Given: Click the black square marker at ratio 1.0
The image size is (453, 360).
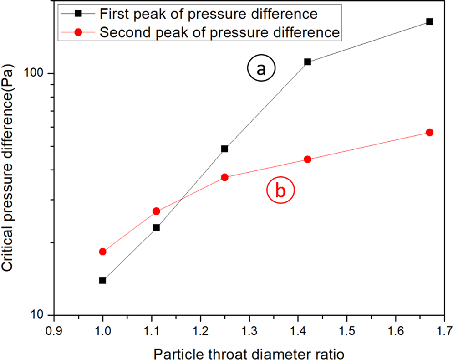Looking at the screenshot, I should pos(102,280).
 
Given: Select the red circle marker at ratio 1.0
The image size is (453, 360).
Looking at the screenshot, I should pos(102,252).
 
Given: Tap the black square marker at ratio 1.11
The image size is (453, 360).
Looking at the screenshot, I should pos(156,227).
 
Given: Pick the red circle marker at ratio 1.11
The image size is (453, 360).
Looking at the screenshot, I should pos(156,211).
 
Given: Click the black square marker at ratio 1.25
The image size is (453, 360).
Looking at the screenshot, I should pos(224,149).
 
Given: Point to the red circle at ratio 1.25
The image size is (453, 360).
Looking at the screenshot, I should pos(224,177).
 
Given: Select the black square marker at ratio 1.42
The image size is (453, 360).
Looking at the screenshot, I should pos(307,62).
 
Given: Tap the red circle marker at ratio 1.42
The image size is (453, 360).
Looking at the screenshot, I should pos(307,159).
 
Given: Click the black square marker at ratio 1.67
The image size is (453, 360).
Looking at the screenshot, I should pos(429,21).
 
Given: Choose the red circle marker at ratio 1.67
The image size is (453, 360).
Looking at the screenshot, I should pos(429,132).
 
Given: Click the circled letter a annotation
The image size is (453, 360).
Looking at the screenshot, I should pos(260,69).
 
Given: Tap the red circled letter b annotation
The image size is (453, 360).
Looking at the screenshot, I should pos(280,190).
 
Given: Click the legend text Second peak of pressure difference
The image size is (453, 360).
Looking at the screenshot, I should pos(219,33).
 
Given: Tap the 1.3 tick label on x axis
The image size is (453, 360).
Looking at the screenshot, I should pos(249,329).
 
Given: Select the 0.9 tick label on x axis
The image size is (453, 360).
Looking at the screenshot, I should pos(54,329).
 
